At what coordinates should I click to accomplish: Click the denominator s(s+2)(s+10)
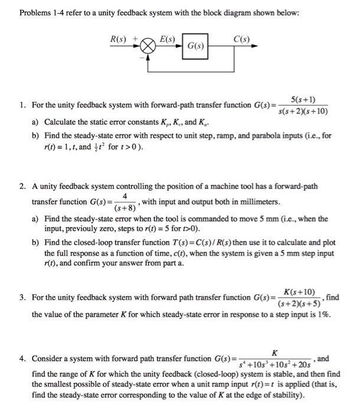point(302,111)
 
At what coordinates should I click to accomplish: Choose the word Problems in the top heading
point(36,13)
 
